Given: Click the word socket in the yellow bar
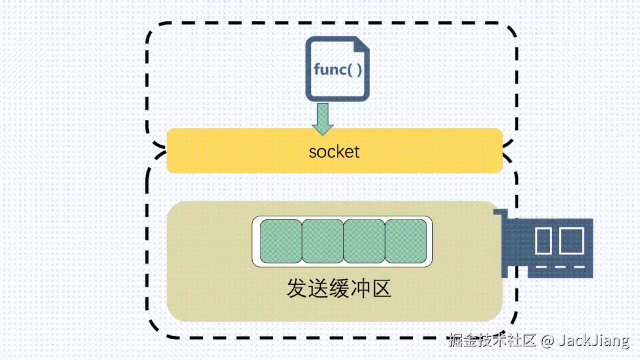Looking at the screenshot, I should (x=334, y=151).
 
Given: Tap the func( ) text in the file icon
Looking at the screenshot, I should (x=337, y=69).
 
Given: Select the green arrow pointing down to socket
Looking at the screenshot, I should (x=323, y=117).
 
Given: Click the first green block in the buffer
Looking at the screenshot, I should (x=281, y=241).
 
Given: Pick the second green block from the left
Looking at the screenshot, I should (x=323, y=241).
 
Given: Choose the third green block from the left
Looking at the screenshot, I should (x=364, y=241).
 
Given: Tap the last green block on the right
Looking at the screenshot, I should (x=406, y=241).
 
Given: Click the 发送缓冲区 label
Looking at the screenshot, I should (x=339, y=289).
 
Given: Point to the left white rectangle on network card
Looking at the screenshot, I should (x=543, y=240).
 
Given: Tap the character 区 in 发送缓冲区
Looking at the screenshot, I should (x=381, y=289).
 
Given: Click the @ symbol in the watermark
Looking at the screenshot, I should (x=547, y=341).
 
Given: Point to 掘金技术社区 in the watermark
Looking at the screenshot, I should (x=492, y=340).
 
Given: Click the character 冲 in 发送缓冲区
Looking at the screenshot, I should (x=360, y=289).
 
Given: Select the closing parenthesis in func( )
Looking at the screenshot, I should (x=359, y=69).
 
